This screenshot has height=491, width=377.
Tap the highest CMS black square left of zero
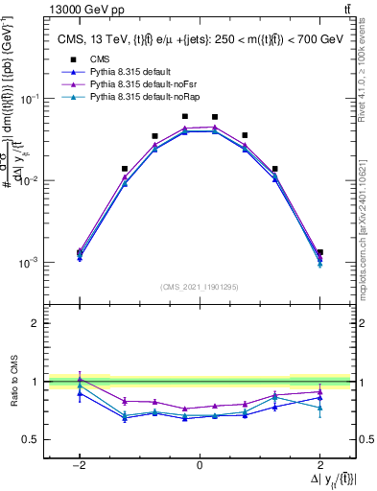(185, 116)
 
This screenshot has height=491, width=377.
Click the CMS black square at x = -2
(80, 252)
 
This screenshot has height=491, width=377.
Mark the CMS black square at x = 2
(319, 252)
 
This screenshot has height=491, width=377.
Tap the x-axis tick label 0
(200, 465)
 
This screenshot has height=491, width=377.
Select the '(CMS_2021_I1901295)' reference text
(200, 286)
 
